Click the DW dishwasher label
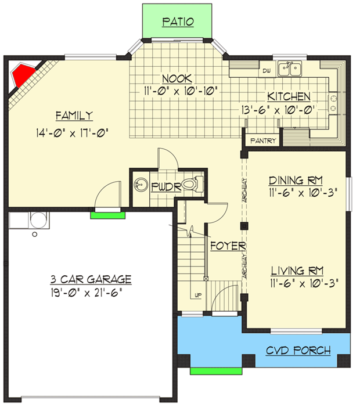(x=267, y=71)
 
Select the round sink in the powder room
(x=139, y=186)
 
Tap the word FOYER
(x=228, y=246)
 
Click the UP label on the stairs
(x=198, y=296)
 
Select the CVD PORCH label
(x=298, y=350)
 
